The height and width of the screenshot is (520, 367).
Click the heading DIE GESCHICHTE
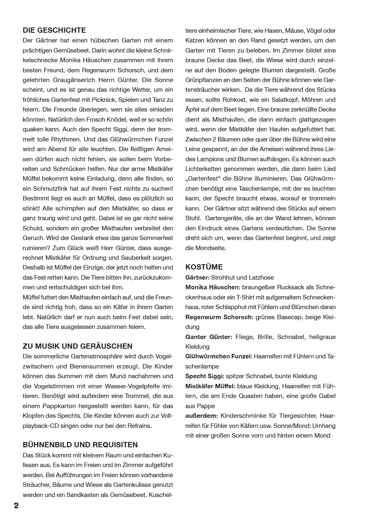coord(55,30)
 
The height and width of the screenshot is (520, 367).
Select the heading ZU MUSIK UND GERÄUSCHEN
coord(78,346)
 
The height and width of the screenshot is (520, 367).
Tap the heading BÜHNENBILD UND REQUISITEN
coord(80,445)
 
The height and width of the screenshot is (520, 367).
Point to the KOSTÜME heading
coord(204,267)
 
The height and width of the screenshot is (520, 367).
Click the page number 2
coord(16,506)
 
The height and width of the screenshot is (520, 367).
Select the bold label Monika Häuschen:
coord(213,287)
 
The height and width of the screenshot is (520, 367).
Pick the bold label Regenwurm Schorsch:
coord(219,317)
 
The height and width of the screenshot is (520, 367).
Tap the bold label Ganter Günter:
coord(209,337)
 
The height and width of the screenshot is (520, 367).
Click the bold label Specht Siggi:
coord(204,376)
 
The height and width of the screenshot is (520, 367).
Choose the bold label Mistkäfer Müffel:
coord(210,386)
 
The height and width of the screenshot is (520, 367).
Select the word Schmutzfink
coord(45,189)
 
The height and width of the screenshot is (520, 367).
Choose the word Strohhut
coord(226,278)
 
